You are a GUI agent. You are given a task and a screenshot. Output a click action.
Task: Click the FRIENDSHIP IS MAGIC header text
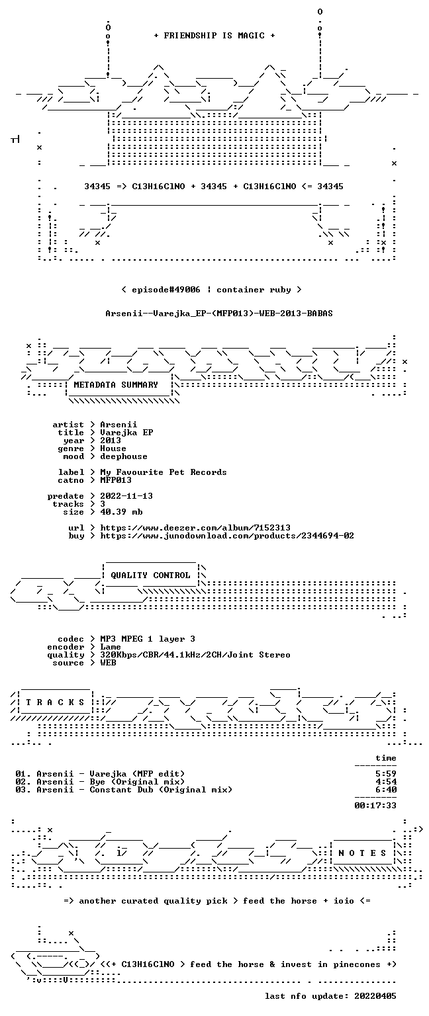215,35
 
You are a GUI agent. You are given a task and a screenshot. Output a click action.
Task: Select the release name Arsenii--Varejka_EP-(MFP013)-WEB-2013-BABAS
219,314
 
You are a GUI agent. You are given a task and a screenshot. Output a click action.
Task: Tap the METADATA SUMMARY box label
116,384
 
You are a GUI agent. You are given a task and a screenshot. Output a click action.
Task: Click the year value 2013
111,441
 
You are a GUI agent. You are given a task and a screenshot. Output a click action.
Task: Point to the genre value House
113,448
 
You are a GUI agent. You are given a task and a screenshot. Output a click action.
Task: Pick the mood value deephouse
124,457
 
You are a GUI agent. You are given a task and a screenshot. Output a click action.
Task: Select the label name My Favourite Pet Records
164,472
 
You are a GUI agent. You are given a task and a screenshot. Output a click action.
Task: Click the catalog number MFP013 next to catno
116,480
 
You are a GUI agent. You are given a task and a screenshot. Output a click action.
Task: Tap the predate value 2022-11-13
126,496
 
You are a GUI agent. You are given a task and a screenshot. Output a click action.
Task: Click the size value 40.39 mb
121,512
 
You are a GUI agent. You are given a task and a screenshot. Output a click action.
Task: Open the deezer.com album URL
195,528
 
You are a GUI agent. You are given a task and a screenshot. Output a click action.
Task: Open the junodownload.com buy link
227,536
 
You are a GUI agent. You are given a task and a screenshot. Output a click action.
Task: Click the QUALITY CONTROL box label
150,575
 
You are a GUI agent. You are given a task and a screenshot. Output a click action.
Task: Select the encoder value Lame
111,648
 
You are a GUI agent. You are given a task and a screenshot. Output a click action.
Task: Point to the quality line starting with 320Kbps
195,655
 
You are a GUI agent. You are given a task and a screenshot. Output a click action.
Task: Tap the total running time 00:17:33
375,806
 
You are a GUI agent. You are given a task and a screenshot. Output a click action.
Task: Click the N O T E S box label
362,853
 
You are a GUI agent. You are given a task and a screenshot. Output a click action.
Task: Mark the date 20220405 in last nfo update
375,996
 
